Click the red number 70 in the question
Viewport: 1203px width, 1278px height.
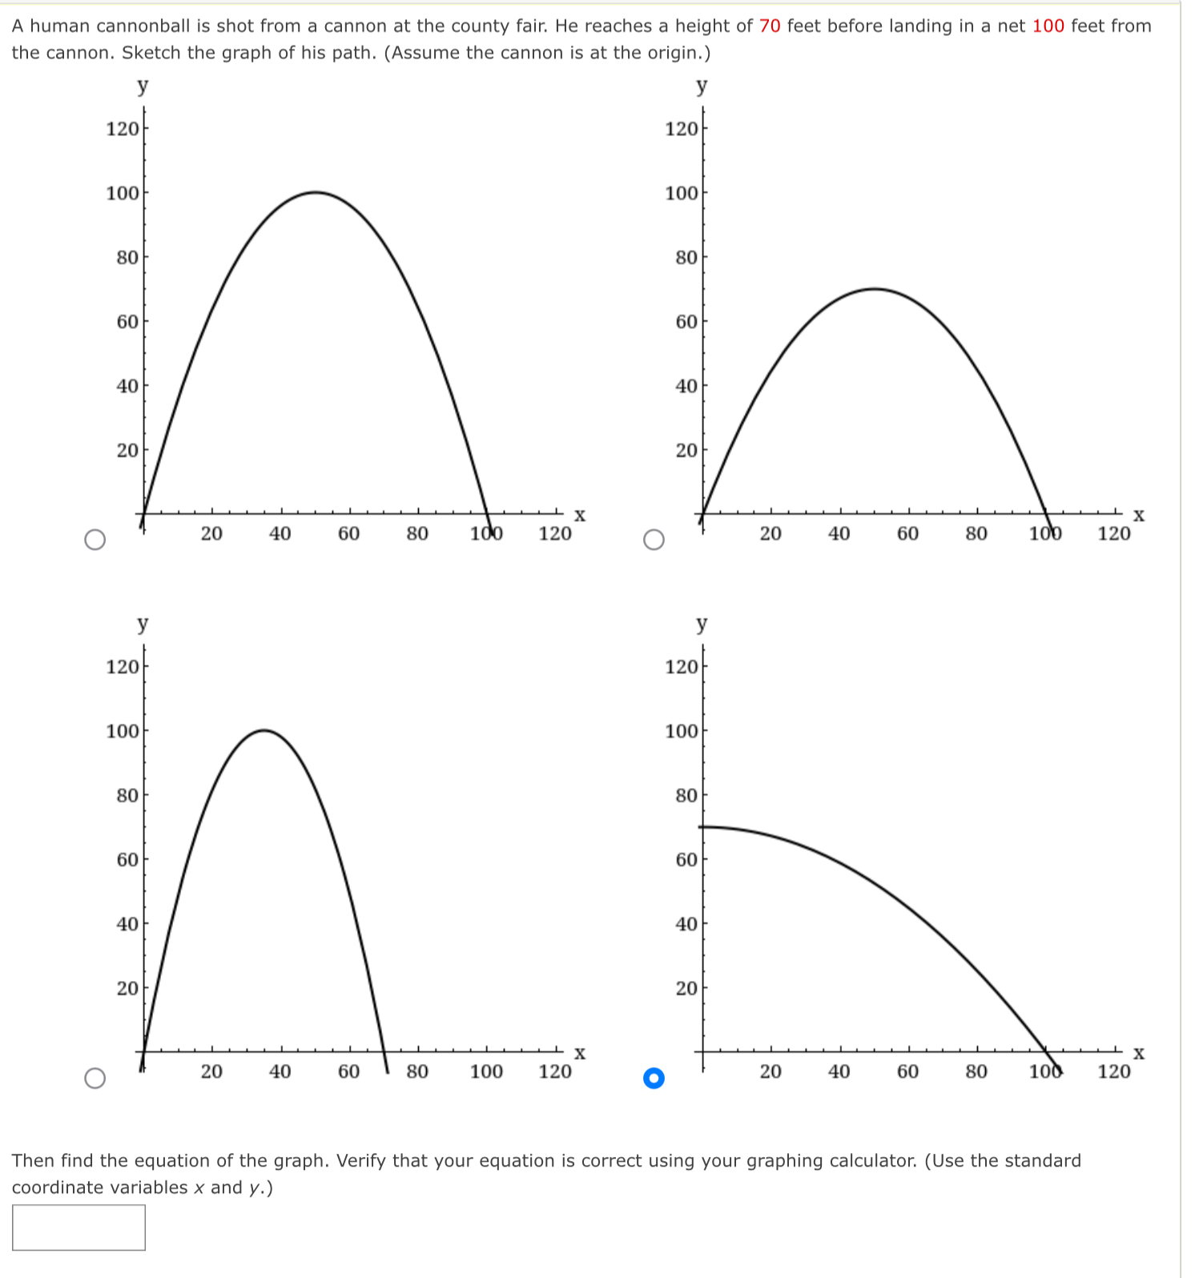point(769,26)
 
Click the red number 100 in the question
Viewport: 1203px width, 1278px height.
point(1048,26)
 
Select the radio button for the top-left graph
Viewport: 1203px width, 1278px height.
point(95,541)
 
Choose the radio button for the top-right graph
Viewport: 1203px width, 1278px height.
point(654,541)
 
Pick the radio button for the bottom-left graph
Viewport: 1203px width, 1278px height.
point(95,1079)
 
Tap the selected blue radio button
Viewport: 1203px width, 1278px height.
point(654,1079)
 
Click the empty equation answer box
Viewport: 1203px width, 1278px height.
point(78,1228)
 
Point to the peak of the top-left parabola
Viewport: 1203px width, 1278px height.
point(316,192)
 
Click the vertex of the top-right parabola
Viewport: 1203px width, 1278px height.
point(875,288)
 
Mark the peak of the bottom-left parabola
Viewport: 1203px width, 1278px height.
point(264,730)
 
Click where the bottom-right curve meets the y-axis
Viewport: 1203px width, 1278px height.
point(704,826)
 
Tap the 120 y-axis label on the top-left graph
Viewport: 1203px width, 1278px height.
point(122,128)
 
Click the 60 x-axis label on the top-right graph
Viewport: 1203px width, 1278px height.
point(907,533)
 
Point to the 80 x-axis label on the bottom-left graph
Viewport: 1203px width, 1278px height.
point(417,1071)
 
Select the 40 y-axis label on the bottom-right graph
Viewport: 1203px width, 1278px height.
point(686,924)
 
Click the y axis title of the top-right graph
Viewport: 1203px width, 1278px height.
point(702,86)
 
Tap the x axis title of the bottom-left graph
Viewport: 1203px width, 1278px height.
point(580,1054)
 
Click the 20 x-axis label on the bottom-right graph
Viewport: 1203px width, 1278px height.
point(770,1071)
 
